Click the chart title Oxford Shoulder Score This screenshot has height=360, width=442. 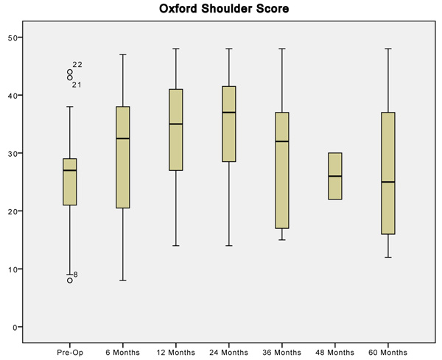pos(224,8)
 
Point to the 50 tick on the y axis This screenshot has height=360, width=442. pos(21,38)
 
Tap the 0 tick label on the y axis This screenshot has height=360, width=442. pos(15,328)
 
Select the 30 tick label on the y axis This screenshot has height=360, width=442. pos(13,154)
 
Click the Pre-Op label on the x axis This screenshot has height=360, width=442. pos(70,353)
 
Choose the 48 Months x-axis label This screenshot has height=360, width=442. pos(335,353)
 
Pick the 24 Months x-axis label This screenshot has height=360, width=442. pos(228,353)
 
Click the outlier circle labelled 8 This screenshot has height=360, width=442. pos(70,280)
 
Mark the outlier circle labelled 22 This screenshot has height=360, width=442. pos(70,72)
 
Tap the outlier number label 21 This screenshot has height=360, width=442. pos(77,85)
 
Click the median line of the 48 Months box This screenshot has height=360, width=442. pos(335,176)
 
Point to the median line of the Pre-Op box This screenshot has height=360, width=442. pos(70,170)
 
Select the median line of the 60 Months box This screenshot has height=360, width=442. pos(388,182)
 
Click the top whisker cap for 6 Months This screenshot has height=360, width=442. pos(123,54)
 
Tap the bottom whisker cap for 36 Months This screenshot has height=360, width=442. pos(282,240)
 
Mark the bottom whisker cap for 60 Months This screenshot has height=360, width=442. pos(388,257)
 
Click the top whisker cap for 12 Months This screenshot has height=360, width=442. pos(176,49)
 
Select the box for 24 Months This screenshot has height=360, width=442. pos(229,124)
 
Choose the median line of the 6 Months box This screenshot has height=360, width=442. pos(123,138)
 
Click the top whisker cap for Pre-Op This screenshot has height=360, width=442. pos(70,107)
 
